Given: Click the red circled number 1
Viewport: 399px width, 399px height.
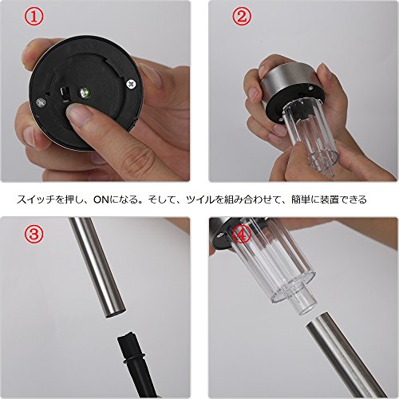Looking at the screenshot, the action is (x=34, y=17).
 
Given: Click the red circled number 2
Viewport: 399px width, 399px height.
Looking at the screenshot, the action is (x=242, y=17).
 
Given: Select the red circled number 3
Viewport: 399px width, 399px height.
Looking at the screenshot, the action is (x=34, y=233).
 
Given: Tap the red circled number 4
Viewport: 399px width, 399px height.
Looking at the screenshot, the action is (x=242, y=234).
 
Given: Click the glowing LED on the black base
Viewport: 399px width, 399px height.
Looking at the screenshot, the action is (x=85, y=93).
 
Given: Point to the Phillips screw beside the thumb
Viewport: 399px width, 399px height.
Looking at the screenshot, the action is (x=131, y=84).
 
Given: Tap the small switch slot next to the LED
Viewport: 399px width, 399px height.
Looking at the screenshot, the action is (x=64, y=93).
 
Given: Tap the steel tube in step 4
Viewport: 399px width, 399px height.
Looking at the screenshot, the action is (x=346, y=357).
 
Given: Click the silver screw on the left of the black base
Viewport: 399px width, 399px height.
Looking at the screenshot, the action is (x=41, y=102).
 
